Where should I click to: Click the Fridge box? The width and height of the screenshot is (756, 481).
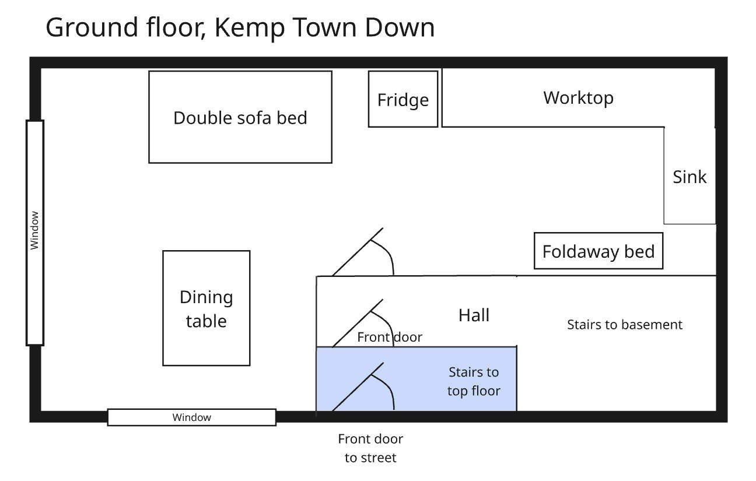[x=402, y=99]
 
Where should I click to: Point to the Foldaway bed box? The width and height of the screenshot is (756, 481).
[x=598, y=251]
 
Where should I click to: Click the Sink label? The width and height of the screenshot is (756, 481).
[x=689, y=177]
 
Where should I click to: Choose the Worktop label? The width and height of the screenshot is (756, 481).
[x=578, y=97]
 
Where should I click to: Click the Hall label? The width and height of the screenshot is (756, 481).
[x=474, y=315]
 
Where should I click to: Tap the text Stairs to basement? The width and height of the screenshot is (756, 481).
[x=624, y=324]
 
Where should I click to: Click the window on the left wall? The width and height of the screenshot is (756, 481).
[x=35, y=232]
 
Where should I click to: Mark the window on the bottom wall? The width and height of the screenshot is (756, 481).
[x=191, y=417]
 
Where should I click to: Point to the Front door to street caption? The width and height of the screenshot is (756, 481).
[x=370, y=448]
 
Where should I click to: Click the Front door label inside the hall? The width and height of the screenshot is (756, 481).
[x=389, y=337]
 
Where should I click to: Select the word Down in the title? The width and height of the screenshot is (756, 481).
[x=400, y=28]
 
